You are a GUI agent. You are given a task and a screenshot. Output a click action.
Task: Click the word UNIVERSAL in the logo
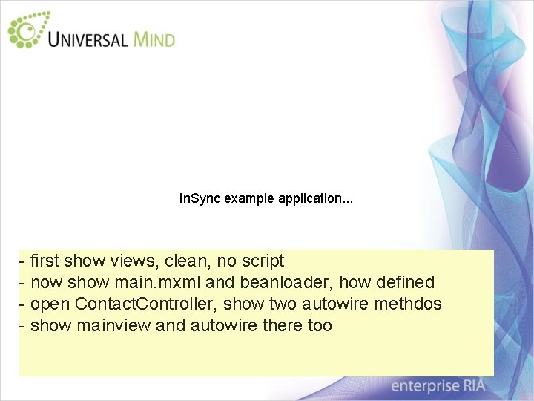[x=88, y=38]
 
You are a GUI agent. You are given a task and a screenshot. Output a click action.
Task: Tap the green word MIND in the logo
[x=154, y=38]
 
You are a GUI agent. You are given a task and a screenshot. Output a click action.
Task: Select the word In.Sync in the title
[x=200, y=199]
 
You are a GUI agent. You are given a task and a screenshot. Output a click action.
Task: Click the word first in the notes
[x=45, y=261]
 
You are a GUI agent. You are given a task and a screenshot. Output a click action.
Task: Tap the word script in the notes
[x=261, y=261]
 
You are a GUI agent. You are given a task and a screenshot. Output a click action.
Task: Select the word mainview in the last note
[x=115, y=326]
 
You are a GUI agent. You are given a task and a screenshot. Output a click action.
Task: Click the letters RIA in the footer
[x=472, y=386]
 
